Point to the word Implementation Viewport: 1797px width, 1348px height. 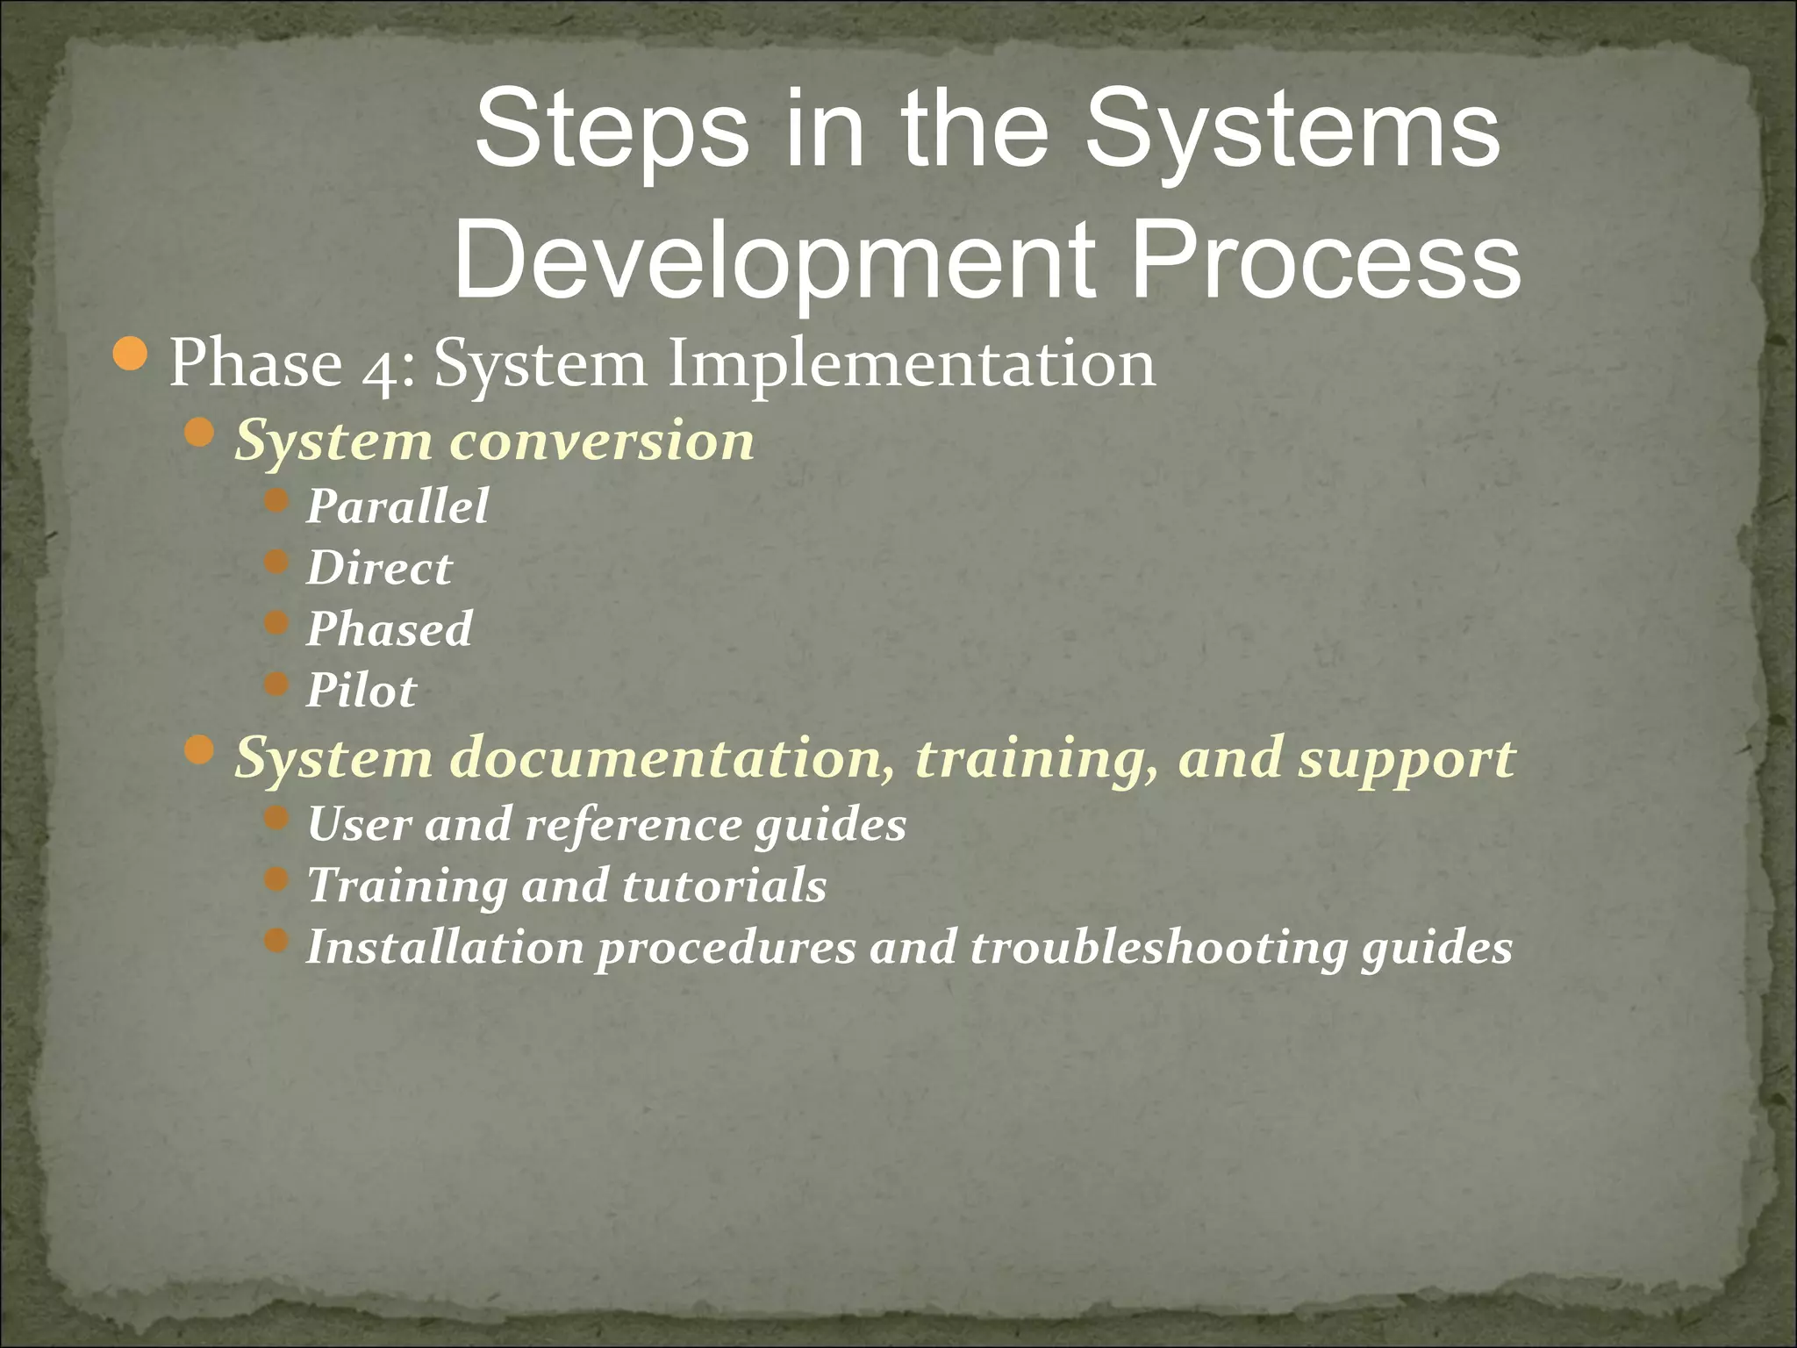[x=912, y=363]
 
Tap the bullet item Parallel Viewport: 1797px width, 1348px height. [x=397, y=507]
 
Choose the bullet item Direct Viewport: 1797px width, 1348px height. [x=379, y=569]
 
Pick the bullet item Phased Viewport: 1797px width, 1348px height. [x=390, y=630]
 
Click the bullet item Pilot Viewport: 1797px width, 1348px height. [x=362, y=692]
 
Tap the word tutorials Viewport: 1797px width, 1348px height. [x=724, y=886]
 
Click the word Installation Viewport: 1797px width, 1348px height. [x=445, y=948]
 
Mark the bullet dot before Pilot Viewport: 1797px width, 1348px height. [x=276, y=684]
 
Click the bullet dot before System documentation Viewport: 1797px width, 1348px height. [x=201, y=749]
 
